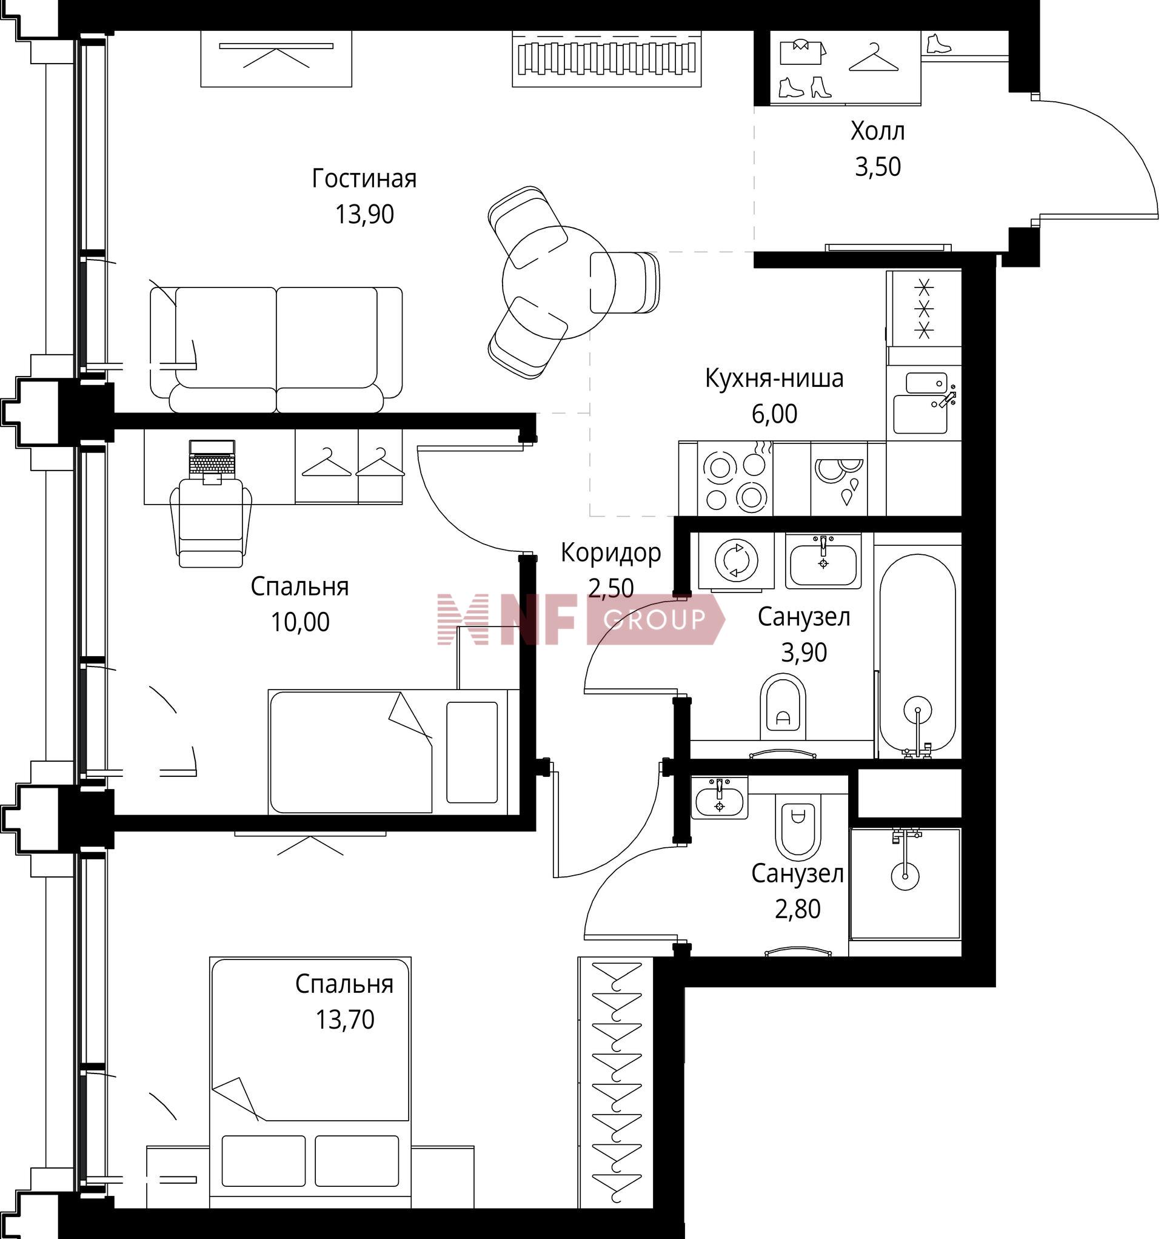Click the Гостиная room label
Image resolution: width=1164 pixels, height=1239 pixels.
tap(364, 179)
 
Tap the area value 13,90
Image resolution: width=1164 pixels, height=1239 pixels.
tap(364, 215)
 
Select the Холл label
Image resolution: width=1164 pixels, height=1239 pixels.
tap(877, 132)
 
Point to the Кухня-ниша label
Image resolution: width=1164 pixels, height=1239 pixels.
tap(775, 378)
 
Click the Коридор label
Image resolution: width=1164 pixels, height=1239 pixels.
tap(610, 553)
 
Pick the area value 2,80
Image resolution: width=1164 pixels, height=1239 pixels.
tap(798, 909)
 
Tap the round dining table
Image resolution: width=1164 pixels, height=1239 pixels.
tap(559, 282)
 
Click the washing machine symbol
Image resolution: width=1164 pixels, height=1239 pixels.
tap(737, 561)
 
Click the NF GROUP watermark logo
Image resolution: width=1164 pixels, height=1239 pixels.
tap(581, 619)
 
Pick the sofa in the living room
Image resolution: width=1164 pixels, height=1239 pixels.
tap(276, 350)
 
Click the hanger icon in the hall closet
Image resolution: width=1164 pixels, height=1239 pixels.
tap(874, 58)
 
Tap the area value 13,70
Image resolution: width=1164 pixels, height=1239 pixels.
tap(344, 1019)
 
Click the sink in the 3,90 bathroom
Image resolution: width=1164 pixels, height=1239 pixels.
tap(823, 561)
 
